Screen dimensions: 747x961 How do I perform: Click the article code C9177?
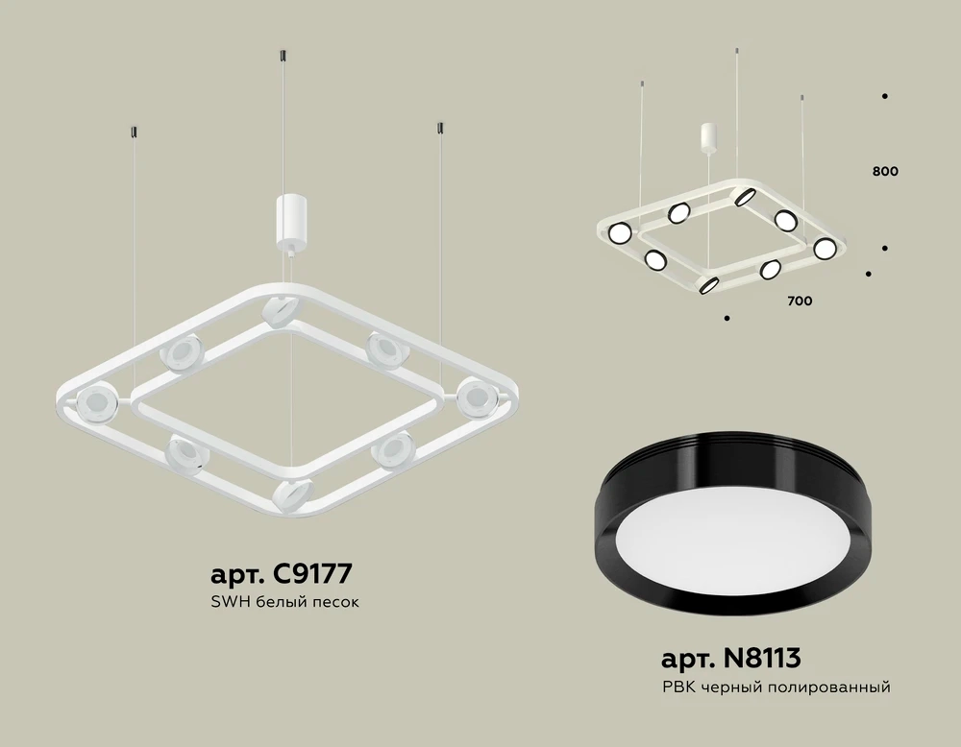(x=281, y=574)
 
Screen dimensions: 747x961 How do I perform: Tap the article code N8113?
(x=730, y=659)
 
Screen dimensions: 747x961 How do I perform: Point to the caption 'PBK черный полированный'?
(x=776, y=687)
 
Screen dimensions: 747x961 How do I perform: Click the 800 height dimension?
(x=885, y=172)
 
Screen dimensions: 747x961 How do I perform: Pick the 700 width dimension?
(x=800, y=301)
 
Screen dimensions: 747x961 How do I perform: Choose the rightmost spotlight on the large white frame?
(x=475, y=396)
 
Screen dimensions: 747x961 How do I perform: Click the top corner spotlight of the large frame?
(x=279, y=310)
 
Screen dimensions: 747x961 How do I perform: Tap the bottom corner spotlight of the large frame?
(x=290, y=494)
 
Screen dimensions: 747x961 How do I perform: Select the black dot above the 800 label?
(x=884, y=96)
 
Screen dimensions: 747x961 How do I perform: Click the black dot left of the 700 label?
(x=727, y=318)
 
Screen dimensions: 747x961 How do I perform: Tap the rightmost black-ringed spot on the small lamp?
(x=823, y=249)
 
